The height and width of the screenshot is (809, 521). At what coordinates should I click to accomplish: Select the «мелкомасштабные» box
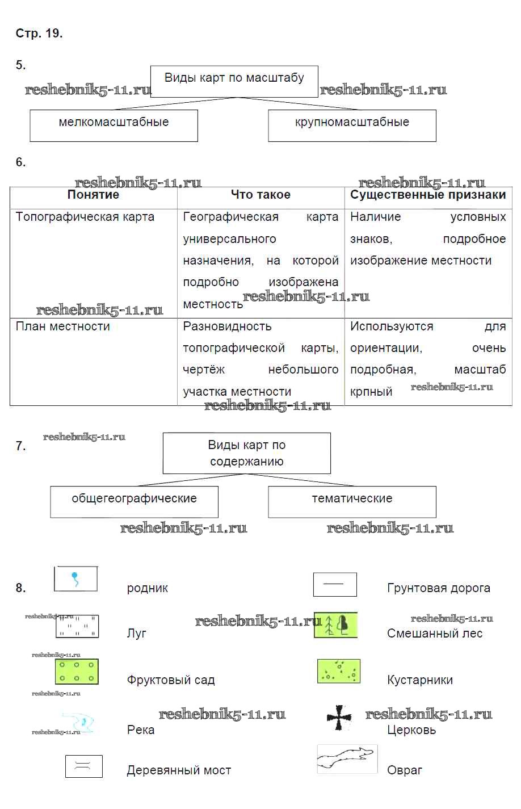[114, 125]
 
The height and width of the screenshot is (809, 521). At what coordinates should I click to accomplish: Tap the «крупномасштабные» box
[352, 125]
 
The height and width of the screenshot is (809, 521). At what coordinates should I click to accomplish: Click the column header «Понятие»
[93, 195]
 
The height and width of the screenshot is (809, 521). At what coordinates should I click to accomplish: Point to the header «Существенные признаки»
[428, 195]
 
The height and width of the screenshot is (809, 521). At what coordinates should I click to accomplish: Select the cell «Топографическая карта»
[85, 217]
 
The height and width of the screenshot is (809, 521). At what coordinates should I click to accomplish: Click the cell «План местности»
[63, 326]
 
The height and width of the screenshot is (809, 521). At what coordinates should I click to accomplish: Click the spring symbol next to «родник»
[75, 579]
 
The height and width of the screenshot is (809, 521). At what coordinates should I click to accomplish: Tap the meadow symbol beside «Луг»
[77, 626]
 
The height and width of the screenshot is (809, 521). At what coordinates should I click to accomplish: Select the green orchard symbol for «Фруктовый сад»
[77, 671]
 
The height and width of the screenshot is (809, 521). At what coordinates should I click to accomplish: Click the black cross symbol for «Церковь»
[339, 718]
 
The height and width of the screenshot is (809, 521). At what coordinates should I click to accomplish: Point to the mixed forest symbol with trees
[335, 625]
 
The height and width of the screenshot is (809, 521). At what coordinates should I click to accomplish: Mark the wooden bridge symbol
[83, 766]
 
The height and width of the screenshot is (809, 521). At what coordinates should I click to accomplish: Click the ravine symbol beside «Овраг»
[347, 758]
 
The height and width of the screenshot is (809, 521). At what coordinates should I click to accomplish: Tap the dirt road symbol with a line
[335, 584]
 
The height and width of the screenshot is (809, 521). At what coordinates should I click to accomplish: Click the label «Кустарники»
[420, 680]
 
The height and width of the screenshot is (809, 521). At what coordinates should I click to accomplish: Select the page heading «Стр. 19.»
[39, 33]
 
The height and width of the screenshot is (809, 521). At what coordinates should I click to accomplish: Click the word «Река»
[141, 730]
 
